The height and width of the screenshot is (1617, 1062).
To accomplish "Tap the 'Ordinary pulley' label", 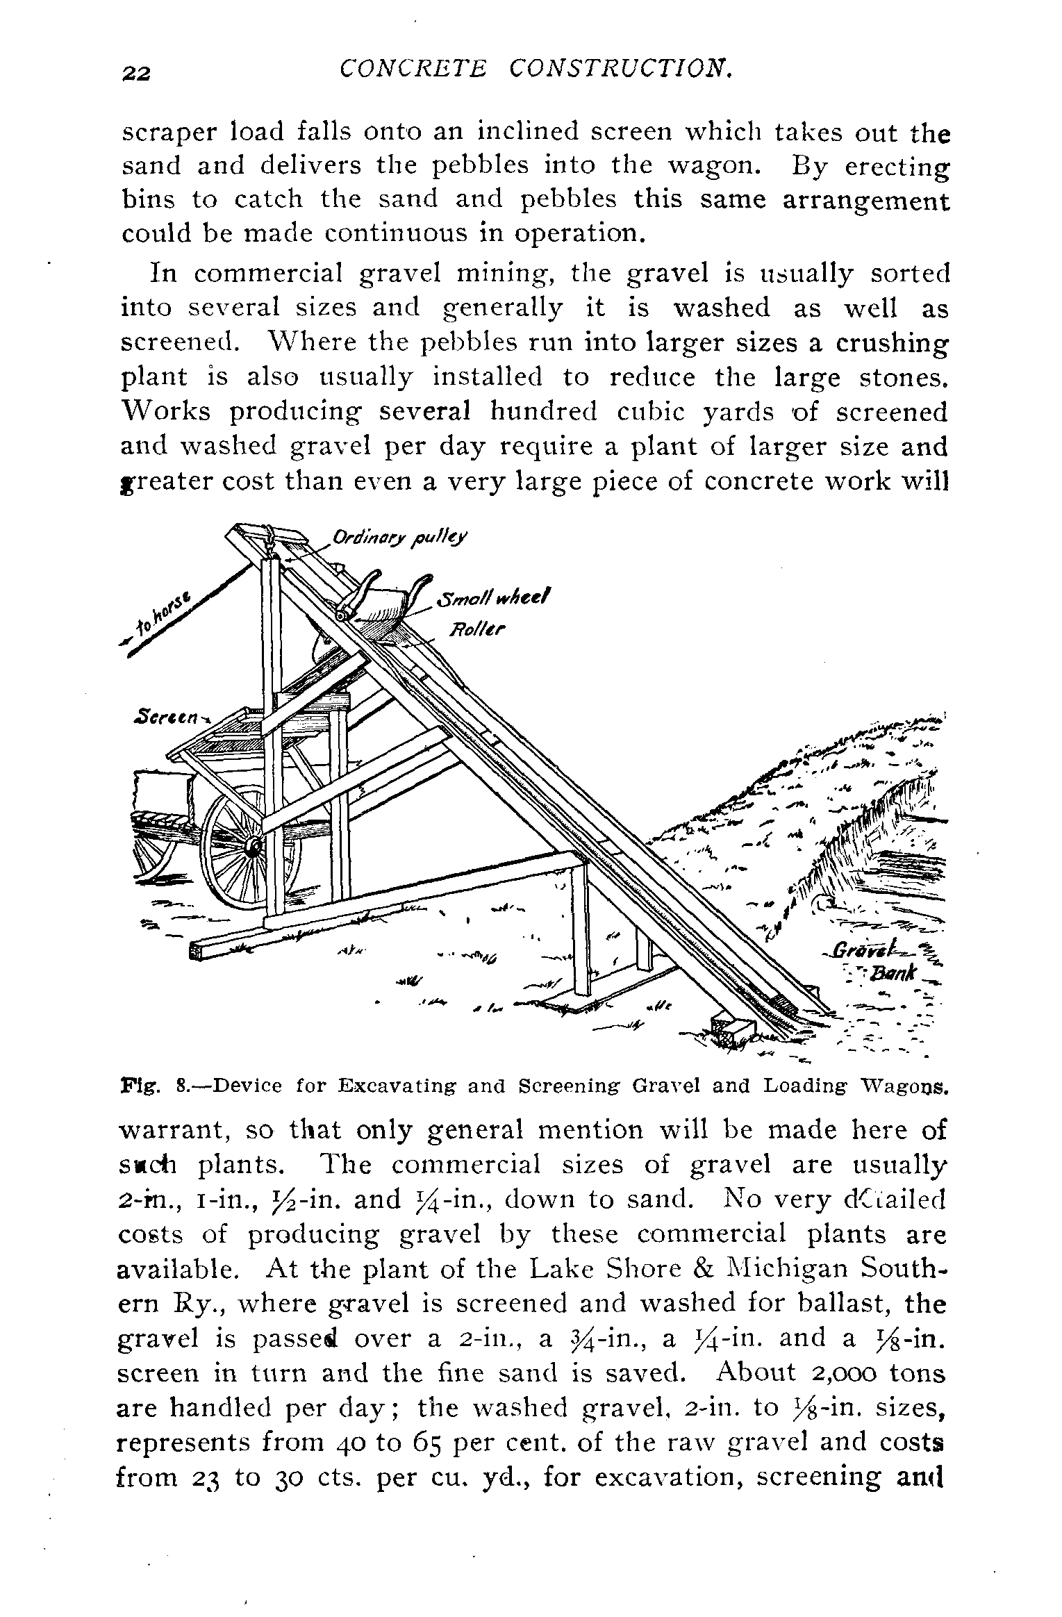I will click(400, 538).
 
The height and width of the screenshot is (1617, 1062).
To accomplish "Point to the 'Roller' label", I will click(479, 630).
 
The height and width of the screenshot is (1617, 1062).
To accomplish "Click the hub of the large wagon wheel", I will click(253, 847).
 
